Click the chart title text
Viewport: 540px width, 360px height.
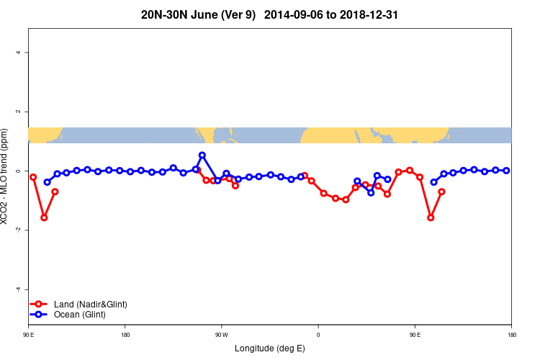point(269,14)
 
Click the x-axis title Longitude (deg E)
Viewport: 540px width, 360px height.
point(269,348)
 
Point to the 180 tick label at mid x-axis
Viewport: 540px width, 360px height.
point(125,335)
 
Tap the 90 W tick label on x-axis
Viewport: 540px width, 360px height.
point(221,335)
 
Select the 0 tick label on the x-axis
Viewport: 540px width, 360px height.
point(318,335)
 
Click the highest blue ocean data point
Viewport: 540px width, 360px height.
point(202,155)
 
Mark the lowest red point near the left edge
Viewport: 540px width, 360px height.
point(44,217)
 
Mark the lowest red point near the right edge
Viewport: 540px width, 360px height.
point(431,217)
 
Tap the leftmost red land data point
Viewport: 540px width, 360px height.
point(33,176)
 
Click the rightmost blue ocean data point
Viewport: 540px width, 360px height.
point(506,171)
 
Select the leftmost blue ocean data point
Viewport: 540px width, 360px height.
point(48,182)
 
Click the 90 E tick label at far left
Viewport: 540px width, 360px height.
point(28,335)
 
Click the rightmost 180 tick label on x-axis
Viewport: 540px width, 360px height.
point(510,335)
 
